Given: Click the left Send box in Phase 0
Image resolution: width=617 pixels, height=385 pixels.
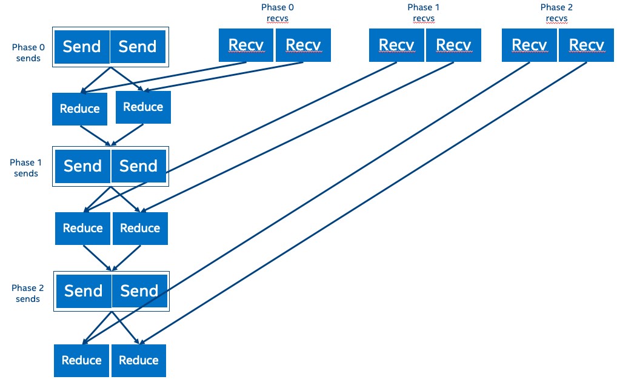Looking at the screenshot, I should [x=82, y=47].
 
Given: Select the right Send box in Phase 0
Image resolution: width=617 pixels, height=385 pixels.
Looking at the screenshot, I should [x=138, y=47].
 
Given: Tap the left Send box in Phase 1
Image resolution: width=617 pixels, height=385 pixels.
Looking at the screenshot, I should [x=83, y=166].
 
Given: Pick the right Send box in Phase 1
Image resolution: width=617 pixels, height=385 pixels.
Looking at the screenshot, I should [x=139, y=166].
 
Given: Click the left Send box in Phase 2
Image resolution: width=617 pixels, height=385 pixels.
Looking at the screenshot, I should [x=84, y=291].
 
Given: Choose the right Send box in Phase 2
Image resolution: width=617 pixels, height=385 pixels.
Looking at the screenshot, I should [x=139, y=291].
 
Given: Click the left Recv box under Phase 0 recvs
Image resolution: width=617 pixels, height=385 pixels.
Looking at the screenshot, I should [x=246, y=45].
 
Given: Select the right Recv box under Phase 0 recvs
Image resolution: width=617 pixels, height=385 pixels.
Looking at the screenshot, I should [x=303, y=45].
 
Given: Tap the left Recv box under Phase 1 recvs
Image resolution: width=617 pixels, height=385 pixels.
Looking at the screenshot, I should [x=396, y=45].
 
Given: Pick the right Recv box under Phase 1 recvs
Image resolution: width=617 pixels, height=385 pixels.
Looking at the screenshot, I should [x=453, y=45].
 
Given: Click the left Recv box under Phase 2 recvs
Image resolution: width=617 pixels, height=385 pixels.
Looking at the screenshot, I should [x=529, y=45].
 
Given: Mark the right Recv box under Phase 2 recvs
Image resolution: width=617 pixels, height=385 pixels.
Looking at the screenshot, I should [x=587, y=45].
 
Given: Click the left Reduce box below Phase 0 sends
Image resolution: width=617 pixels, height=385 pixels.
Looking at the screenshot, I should [x=79, y=109].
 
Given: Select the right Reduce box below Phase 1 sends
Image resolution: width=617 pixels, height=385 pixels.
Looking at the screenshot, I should [x=140, y=229].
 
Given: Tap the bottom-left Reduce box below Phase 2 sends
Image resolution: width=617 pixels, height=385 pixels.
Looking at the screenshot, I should [x=81, y=361].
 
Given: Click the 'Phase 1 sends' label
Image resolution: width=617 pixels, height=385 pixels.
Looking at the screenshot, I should [x=26, y=168].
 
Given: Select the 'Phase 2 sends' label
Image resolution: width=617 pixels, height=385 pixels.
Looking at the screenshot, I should [x=28, y=293].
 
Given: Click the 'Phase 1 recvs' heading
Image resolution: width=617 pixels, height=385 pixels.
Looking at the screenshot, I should [x=424, y=13].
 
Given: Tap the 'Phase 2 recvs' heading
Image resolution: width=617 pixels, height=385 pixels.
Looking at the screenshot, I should [x=556, y=13].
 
